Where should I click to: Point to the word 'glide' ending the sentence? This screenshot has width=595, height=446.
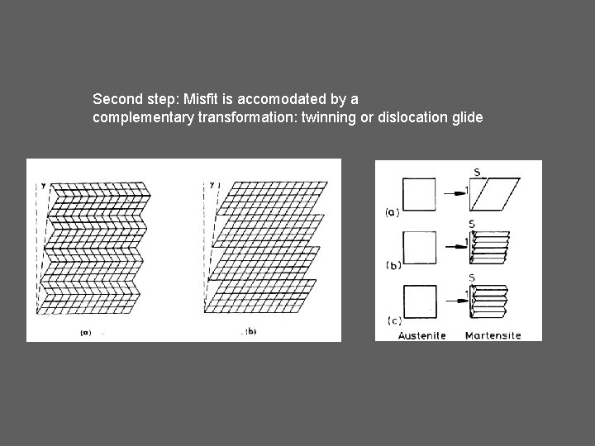point(464,117)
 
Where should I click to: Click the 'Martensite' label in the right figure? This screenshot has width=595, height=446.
point(493,334)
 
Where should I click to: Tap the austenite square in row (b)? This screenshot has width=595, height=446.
point(418,246)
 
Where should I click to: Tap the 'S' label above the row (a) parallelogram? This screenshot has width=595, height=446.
point(477,171)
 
